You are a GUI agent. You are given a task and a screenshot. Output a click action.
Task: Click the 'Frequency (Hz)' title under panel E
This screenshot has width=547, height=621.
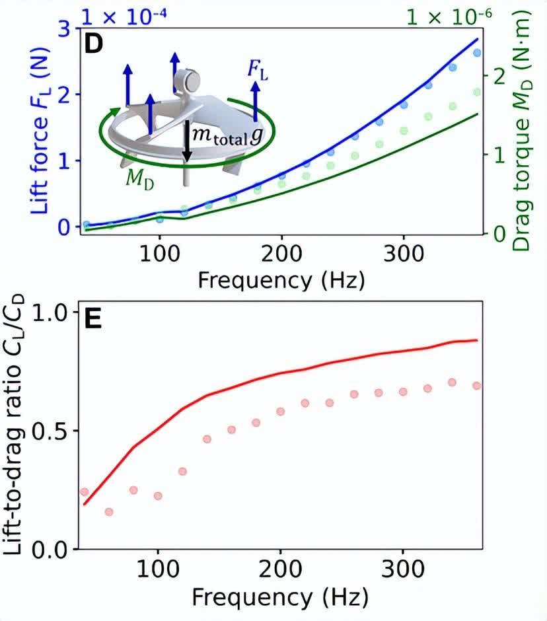pos(281,599)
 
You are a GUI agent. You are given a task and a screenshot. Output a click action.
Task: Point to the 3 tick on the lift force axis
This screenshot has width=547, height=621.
pos(64,28)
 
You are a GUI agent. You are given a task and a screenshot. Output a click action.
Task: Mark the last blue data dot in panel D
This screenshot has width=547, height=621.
pos(477,53)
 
